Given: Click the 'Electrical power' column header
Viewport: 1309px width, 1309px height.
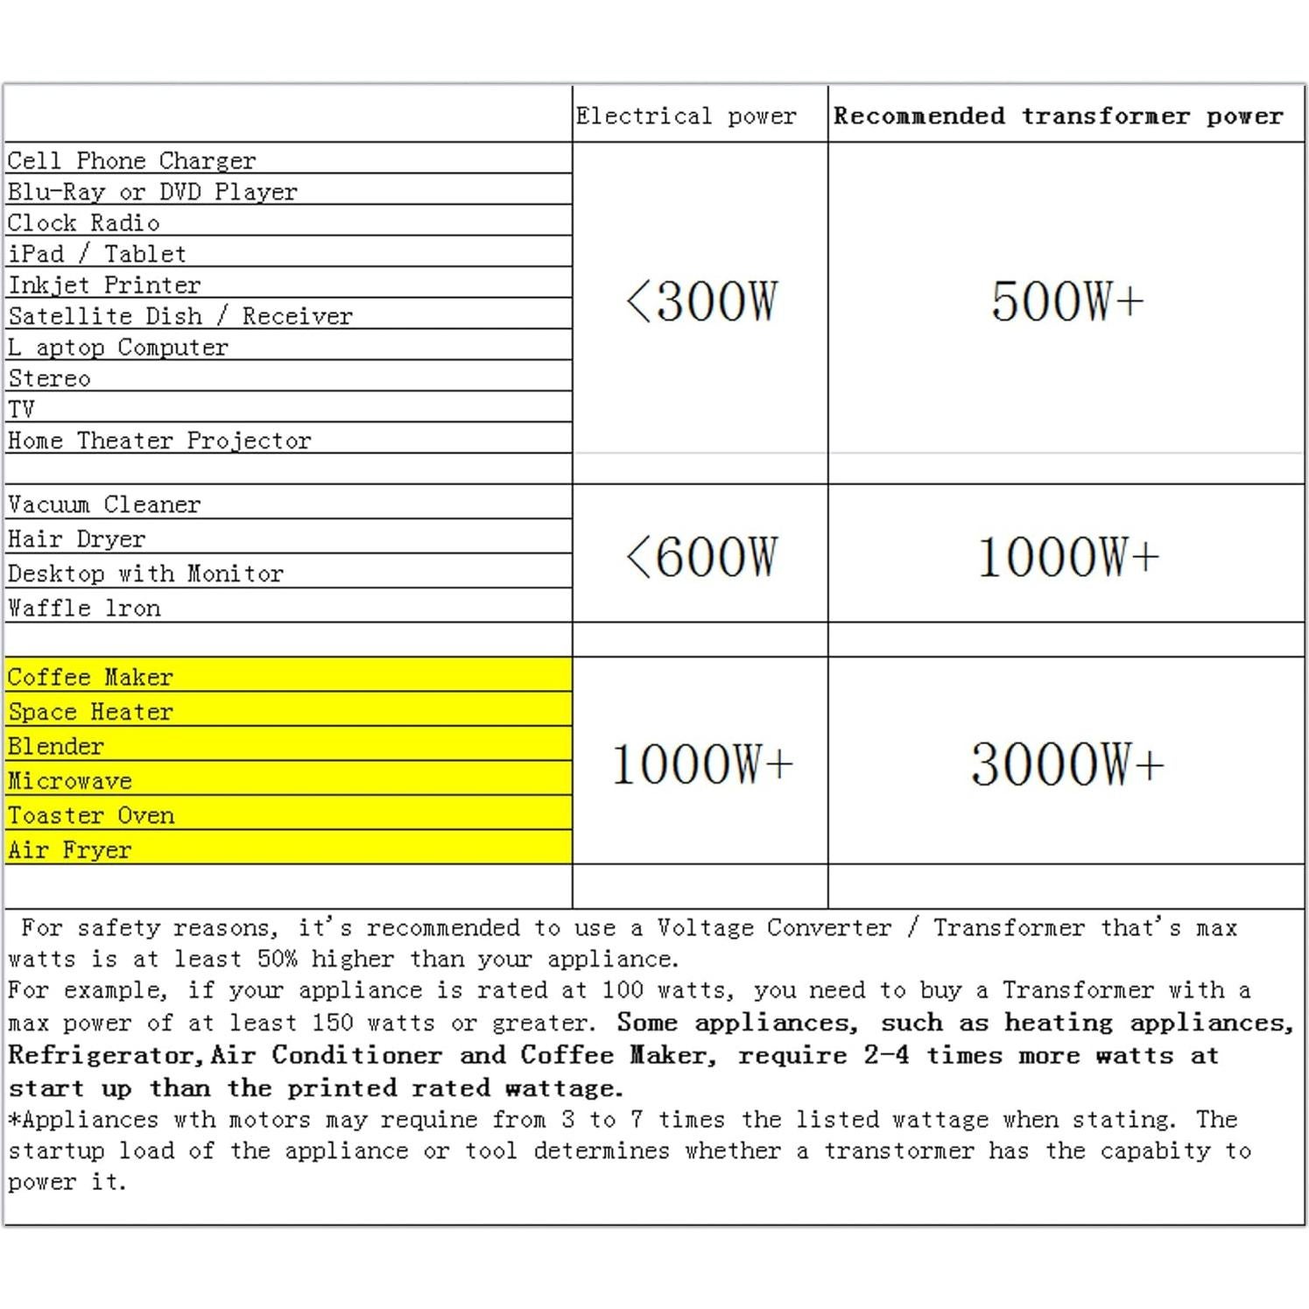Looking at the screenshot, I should click(x=686, y=116).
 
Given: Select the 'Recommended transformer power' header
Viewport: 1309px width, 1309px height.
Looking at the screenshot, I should click(x=1058, y=116).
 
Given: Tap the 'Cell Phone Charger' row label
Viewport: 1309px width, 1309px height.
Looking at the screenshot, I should click(x=131, y=161).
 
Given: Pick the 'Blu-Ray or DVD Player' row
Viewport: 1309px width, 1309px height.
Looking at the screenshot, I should click(x=152, y=192).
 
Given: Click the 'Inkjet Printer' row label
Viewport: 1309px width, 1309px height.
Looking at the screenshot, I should click(x=104, y=285).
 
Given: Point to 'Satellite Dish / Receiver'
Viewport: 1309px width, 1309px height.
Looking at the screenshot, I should click(x=180, y=316).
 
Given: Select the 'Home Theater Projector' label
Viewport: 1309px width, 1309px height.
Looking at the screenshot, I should click(x=159, y=440).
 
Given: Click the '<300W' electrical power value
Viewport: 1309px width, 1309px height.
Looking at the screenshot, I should click(x=701, y=302).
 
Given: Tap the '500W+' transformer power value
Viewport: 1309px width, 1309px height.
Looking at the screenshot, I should click(x=1066, y=302).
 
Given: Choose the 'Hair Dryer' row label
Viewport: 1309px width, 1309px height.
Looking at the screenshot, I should click(x=77, y=539).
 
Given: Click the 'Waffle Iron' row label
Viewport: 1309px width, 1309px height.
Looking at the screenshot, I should click(x=84, y=609).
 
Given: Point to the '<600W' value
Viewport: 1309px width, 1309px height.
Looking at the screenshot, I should click(x=701, y=557).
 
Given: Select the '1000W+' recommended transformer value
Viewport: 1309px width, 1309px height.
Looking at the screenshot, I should click(x=1066, y=557).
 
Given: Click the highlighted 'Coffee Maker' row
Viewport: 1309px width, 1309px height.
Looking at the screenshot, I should click(x=90, y=678).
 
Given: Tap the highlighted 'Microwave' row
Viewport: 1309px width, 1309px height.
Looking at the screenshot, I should click(x=70, y=781).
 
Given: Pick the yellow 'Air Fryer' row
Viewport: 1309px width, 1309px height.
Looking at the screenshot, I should click(x=70, y=850).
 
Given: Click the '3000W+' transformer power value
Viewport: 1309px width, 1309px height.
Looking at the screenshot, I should click(x=1066, y=764).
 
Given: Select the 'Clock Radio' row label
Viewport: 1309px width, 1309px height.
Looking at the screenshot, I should click(x=83, y=223).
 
